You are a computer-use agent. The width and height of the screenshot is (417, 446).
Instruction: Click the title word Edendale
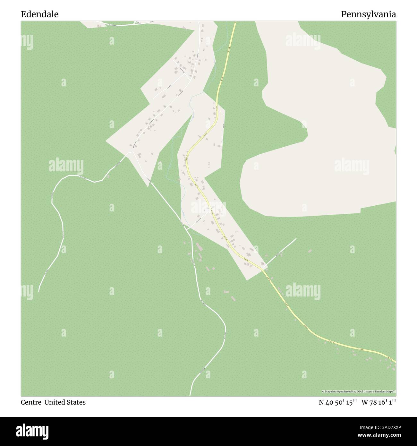[x=40, y=14]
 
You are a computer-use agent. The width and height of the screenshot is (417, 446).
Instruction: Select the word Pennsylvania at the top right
[x=368, y=14]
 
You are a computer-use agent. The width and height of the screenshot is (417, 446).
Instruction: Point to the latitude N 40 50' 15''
[x=338, y=402]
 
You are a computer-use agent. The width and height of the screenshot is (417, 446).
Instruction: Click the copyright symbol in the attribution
[x=323, y=391]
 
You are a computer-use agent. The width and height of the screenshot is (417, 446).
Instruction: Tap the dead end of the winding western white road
[x=39, y=291]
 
